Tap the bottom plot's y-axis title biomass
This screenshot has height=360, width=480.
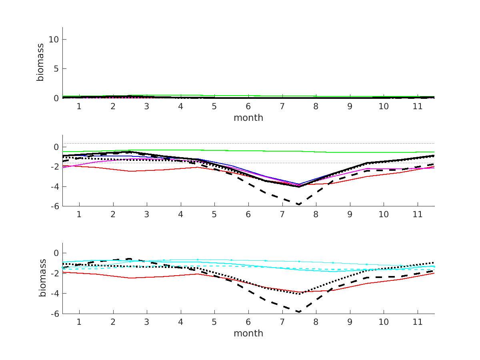[x=42, y=279]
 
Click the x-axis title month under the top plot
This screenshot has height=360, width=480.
[x=248, y=118]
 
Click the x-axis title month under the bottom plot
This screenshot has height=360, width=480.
[x=248, y=333]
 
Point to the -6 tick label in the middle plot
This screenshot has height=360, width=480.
[x=54, y=206]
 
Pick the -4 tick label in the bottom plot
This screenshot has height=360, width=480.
[x=54, y=294]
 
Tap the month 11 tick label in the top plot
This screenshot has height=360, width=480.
[x=418, y=106]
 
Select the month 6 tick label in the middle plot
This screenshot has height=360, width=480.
[x=248, y=214]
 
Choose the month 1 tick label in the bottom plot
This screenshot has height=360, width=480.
[x=79, y=322]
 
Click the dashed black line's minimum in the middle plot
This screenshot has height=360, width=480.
[x=298, y=204]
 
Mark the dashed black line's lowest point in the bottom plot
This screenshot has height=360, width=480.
[x=298, y=312]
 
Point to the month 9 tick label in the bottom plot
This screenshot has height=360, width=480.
[x=350, y=322]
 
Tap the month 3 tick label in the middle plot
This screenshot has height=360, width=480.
[x=147, y=214]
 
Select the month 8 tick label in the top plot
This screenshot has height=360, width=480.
[x=316, y=106]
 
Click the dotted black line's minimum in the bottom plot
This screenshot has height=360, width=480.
[x=298, y=294]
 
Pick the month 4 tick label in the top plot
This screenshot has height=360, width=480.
[x=181, y=106]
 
